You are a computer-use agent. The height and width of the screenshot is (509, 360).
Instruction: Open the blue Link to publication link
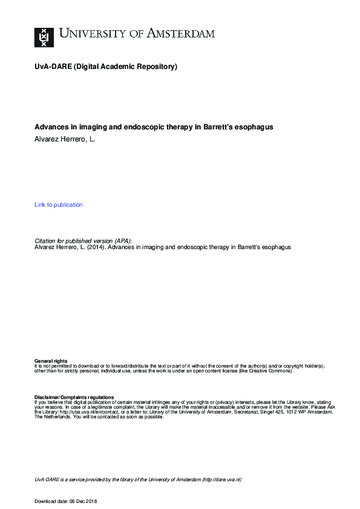coord(59,205)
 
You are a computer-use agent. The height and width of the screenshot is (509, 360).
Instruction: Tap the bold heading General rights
coord(51,361)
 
